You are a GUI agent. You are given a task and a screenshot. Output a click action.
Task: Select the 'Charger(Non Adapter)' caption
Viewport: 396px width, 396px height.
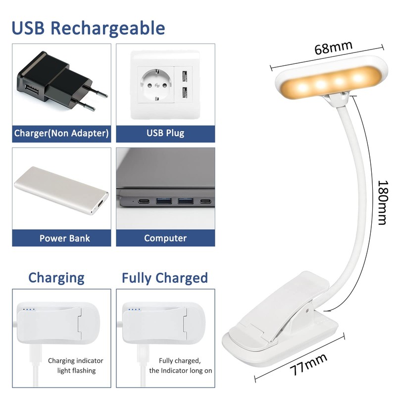(61, 133)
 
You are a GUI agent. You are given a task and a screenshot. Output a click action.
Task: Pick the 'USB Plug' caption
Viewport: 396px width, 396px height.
(165, 133)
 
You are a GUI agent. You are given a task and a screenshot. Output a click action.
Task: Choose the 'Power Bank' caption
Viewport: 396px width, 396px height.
(64, 238)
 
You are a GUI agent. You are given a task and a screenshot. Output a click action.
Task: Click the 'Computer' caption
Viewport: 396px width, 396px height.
(165, 238)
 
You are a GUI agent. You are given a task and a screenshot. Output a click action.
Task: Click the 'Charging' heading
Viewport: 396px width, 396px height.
(56, 277)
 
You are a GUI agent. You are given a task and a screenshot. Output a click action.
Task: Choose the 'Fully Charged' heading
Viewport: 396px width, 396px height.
(165, 278)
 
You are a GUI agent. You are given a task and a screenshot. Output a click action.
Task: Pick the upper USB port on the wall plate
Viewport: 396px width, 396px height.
(184, 77)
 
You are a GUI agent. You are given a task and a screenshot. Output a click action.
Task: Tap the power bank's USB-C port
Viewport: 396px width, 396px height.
(100, 204)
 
